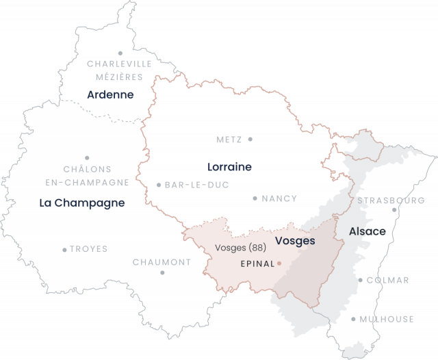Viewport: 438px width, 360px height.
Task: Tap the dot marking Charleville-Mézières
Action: (x=120, y=53)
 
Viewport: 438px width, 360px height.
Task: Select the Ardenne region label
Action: (x=110, y=94)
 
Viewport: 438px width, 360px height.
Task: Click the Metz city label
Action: (x=229, y=140)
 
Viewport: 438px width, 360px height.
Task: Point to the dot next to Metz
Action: (x=250, y=139)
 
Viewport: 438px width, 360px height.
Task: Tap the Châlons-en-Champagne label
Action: (x=87, y=175)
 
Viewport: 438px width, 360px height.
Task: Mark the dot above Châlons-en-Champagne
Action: (x=87, y=157)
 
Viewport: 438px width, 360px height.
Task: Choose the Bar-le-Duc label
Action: (x=196, y=185)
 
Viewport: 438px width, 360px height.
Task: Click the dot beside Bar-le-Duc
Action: (x=159, y=185)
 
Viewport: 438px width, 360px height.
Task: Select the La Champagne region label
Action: (x=82, y=203)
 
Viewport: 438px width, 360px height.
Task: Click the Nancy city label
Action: (x=279, y=198)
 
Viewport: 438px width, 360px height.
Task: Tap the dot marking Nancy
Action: (x=255, y=198)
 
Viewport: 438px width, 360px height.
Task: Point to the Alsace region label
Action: (x=368, y=231)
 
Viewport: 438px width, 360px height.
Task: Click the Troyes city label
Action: (x=89, y=249)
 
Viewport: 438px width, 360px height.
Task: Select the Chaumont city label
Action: (x=162, y=262)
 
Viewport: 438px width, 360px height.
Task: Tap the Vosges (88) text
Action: (x=240, y=247)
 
